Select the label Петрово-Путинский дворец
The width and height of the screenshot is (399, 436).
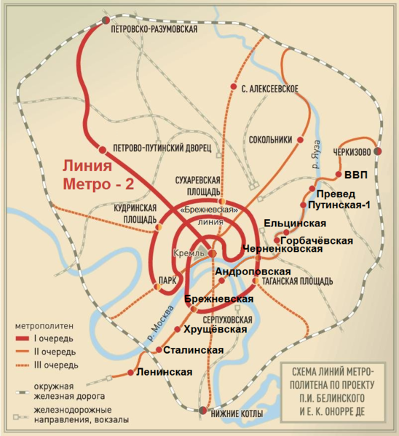[162, 147]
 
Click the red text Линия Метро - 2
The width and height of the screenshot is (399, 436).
[97, 175]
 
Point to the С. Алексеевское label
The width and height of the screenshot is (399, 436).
[269, 88]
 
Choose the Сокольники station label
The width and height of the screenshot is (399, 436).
[270, 139]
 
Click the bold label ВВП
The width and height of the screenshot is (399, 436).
[356, 175]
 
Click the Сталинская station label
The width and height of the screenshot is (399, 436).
[193, 350]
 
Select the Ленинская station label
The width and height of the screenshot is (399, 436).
[165, 372]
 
